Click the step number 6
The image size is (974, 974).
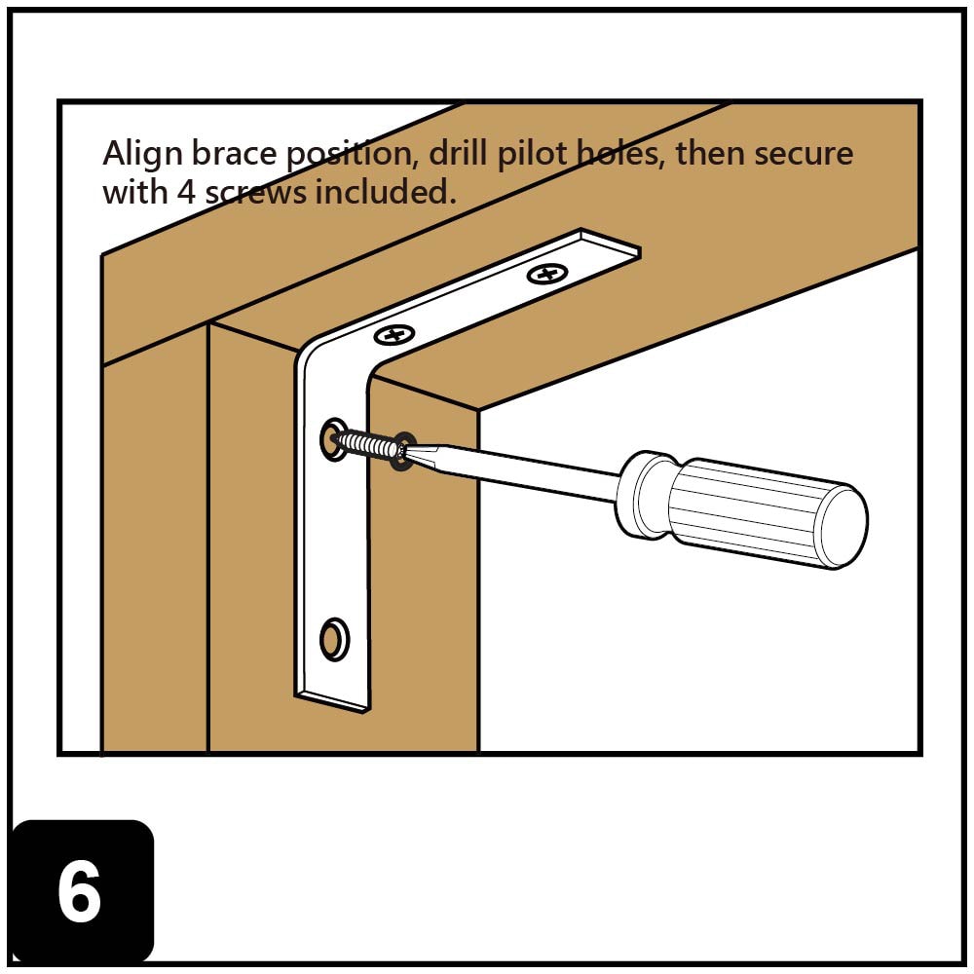pos(80,892)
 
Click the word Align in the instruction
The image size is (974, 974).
pos(138,154)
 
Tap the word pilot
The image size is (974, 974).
pos(532,154)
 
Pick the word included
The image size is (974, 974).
pos(385,192)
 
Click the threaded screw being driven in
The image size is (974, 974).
pos(367,444)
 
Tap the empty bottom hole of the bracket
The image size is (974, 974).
pos(333,638)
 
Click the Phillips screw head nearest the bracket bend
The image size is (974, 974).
pos(394,336)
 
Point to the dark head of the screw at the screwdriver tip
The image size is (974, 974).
pos(402,452)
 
